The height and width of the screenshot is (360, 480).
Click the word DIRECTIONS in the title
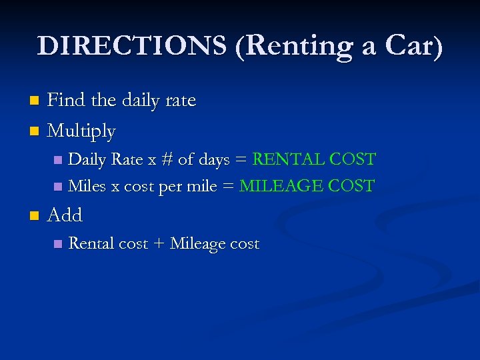coord(132,46)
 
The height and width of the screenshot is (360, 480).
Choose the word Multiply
coord(81,132)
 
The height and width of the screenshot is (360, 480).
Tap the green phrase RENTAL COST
coord(314,160)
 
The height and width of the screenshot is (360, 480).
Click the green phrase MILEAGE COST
coord(307,186)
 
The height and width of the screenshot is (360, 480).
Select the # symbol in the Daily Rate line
coord(167,160)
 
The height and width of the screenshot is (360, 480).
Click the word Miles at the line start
coord(87,186)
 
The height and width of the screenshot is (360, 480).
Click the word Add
coord(65,215)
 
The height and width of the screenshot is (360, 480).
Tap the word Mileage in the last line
coord(198,244)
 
